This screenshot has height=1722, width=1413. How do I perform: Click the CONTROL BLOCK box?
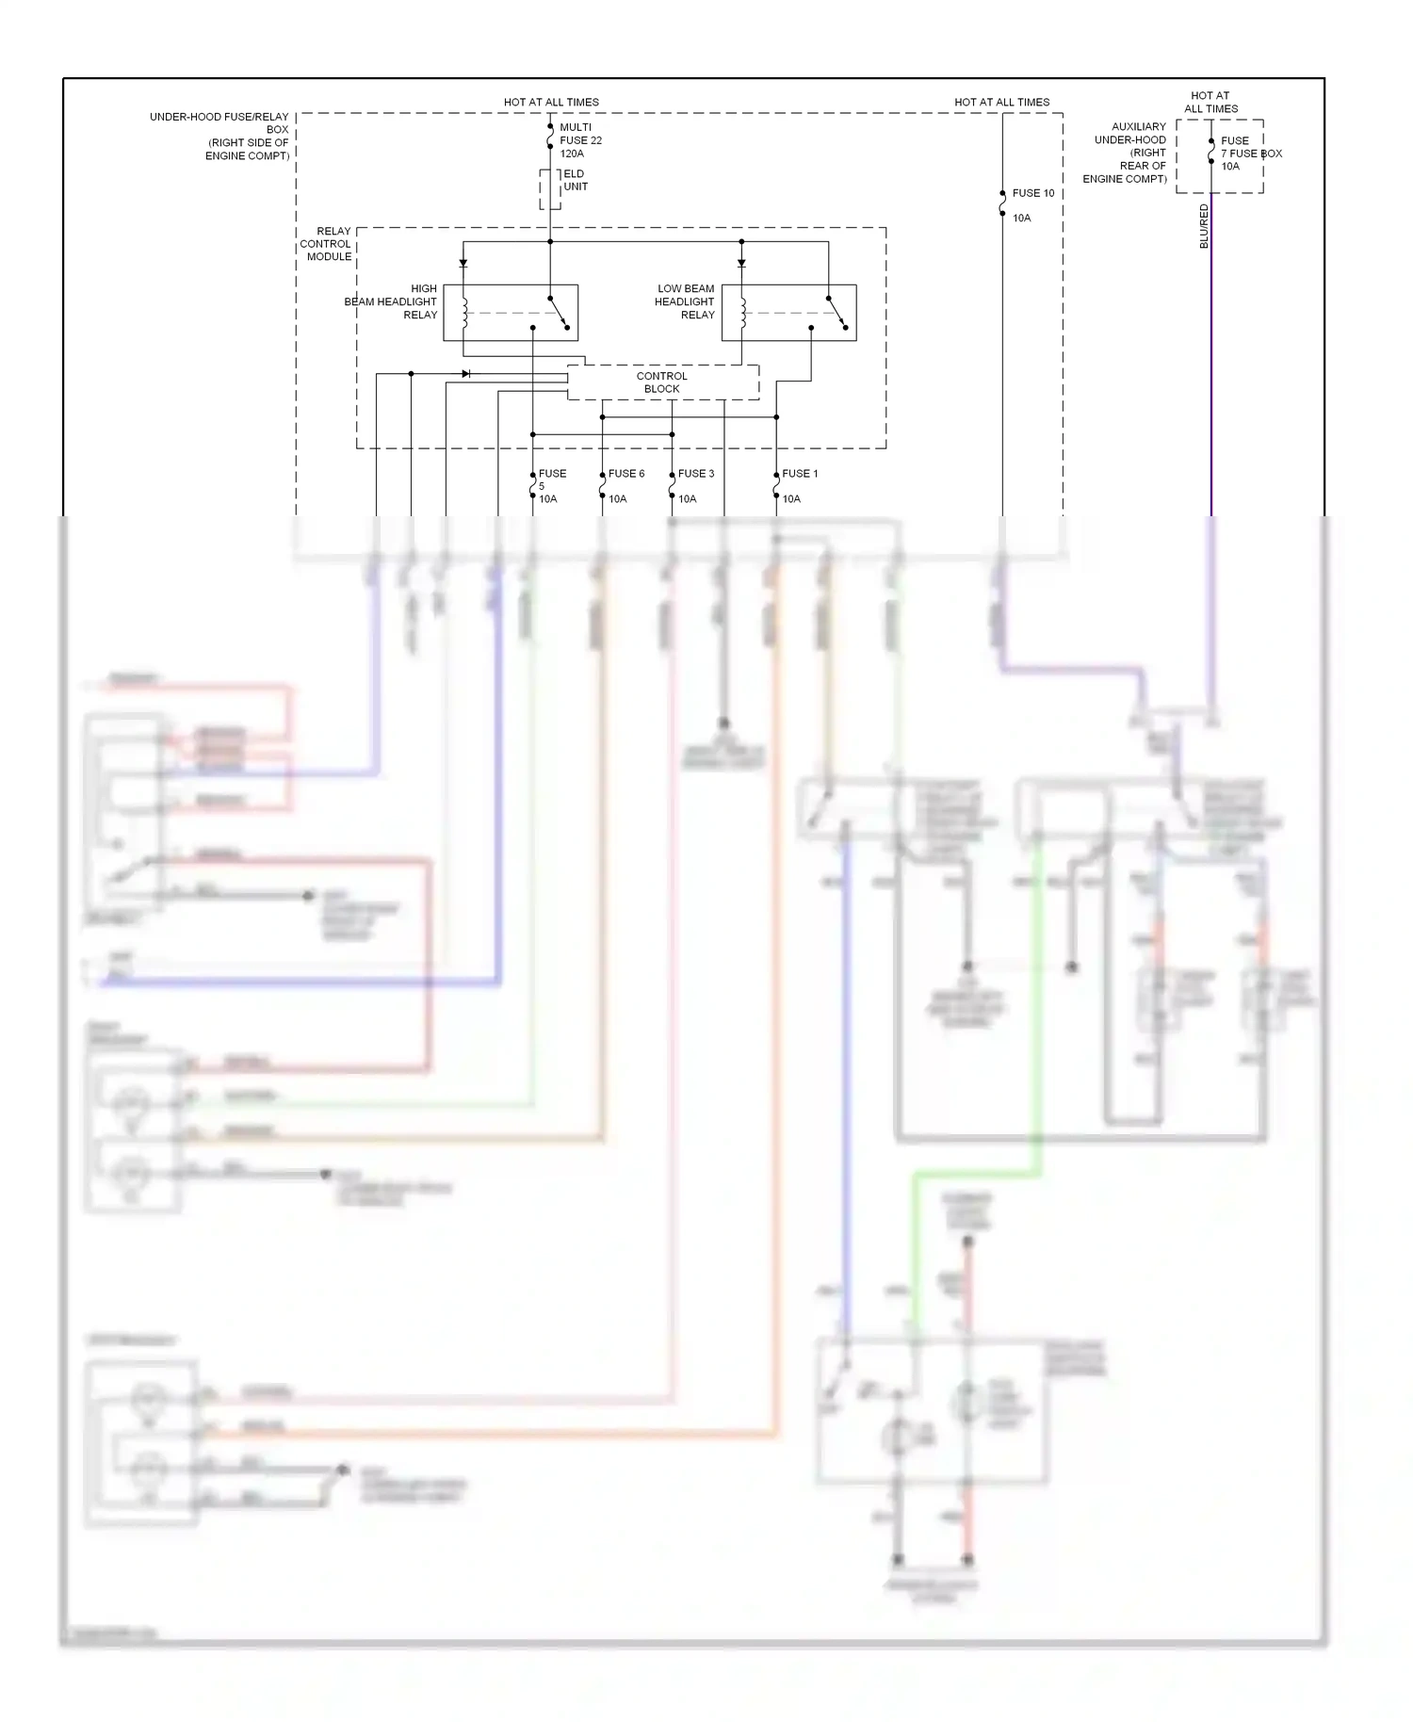click(x=662, y=382)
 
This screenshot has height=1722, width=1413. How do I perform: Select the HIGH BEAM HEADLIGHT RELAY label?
click(x=392, y=301)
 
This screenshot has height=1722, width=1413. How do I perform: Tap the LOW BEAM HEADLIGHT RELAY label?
click(x=686, y=301)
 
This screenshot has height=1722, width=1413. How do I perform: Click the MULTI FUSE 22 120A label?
click(x=580, y=140)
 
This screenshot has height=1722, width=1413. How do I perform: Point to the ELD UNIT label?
click(x=575, y=180)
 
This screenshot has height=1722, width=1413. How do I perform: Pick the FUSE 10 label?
click(x=1033, y=193)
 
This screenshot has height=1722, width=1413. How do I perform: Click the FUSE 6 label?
click(x=626, y=474)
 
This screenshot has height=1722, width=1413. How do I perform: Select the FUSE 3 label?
click(x=696, y=474)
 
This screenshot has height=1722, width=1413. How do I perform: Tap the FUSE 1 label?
click(x=800, y=474)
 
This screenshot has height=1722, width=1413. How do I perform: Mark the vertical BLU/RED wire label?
click(x=1204, y=227)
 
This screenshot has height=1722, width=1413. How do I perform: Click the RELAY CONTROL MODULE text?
click(x=327, y=243)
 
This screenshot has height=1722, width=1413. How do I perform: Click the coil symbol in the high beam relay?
click(x=464, y=314)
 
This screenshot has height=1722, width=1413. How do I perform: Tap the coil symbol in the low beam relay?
click(x=742, y=314)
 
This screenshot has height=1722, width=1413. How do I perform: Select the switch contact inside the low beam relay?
click(x=837, y=313)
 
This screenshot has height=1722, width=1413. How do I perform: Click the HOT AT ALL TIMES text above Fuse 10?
click(x=1001, y=102)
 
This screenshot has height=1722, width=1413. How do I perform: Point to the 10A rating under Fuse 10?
click(x=1021, y=218)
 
